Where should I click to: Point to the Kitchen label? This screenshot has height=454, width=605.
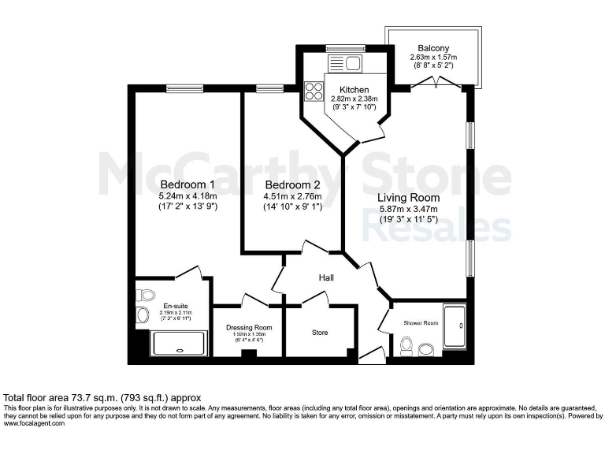[x=354, y=90]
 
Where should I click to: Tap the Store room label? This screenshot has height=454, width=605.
[x=319, y=333]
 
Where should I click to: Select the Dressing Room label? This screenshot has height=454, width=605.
[x=248, y=327]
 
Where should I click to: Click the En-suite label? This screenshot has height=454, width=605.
[x=175, y=307]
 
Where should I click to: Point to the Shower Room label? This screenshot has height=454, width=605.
[x=420, y=322]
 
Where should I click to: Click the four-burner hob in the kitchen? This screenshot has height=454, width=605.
[x=314, y=91]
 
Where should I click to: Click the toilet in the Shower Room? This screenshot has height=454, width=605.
[x=407, y=345]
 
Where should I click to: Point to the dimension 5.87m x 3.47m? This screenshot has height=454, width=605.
[x=407, y=209]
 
